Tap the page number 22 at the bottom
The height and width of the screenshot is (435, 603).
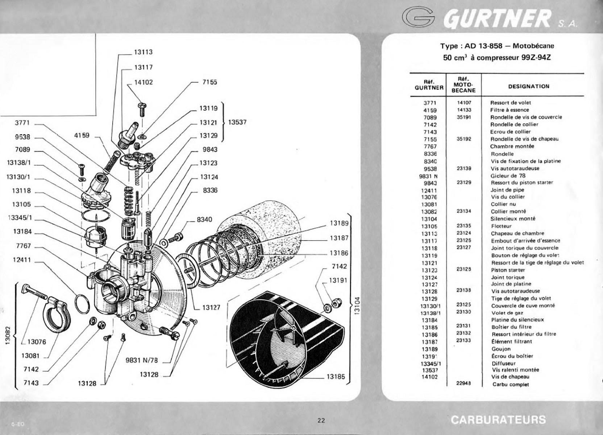tap(321, 420)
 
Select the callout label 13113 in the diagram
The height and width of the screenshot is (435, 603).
tap(143, 52)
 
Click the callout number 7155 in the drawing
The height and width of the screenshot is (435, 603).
tap(210, 82)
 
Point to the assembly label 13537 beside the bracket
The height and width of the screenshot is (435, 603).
tap(237, 122)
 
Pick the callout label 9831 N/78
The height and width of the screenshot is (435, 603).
tap(142, 360)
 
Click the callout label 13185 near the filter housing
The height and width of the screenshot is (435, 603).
tap(336, 377)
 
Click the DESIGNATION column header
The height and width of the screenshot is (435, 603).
tap(529, 87)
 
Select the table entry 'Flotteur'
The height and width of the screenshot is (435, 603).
tap(501, 226)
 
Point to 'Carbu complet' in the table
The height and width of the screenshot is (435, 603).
tap(511, 384)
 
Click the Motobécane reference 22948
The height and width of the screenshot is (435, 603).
tap(463, 383)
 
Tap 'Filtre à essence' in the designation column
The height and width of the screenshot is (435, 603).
tap(510, 110)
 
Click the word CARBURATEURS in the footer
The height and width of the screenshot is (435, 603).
tap(498, 420)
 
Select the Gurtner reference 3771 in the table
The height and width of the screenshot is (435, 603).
tap(430, 103)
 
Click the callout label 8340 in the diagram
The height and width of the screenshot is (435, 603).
tap(204, 220)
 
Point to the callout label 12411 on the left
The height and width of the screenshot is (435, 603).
tap(22, 260)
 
